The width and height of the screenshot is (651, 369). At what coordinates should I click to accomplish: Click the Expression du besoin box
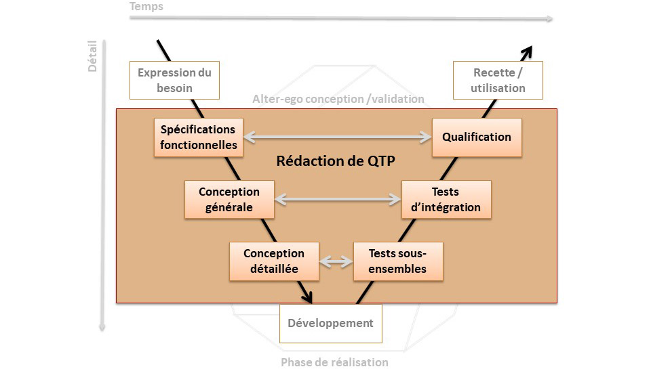(174, 80)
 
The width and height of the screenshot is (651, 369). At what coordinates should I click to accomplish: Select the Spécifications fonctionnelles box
(199, 137)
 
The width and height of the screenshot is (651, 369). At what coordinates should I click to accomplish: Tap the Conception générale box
(229, 200)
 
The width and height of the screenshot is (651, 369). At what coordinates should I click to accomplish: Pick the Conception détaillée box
(274, 261)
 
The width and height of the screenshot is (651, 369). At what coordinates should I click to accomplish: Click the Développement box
(330, 324)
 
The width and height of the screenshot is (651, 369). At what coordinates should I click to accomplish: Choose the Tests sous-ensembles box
(398, 261)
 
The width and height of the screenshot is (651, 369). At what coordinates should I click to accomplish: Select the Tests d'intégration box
(446, 200)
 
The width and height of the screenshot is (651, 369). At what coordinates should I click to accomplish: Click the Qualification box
(477, 137)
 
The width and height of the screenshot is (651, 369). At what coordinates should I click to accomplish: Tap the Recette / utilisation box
(498, 80)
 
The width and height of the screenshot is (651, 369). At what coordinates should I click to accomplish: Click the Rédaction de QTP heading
(336, 161)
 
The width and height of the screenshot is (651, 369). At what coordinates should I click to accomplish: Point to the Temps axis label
(146, 7)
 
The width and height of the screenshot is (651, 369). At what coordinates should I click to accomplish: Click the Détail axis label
(92, 56)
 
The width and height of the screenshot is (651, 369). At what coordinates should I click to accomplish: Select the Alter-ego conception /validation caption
(338, 99)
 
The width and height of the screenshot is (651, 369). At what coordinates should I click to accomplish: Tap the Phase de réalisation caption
(334, 362)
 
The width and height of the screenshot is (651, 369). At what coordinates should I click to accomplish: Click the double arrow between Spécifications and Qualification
(338, 137)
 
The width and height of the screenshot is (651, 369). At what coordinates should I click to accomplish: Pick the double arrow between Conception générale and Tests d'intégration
(338, 200)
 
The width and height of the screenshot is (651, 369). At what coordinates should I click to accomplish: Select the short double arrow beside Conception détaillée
(336, 261)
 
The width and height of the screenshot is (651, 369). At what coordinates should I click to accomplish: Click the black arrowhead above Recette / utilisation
(528, 52)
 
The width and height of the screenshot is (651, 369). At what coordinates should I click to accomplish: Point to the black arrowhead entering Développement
(307, 297)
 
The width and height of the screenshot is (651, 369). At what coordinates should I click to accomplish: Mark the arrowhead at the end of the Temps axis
(549, 19)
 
